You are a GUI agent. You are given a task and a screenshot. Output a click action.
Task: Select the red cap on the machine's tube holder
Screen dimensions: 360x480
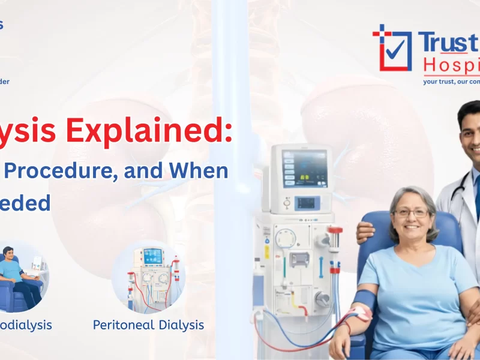pos(335,230)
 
